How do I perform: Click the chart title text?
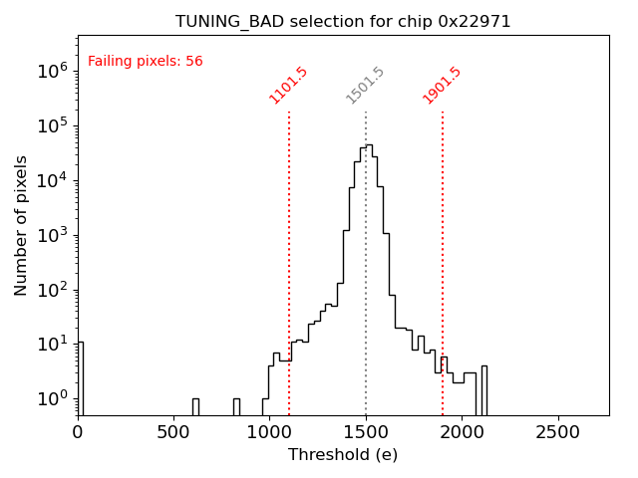(343, 21)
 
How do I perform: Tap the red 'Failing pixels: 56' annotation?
(146, 61)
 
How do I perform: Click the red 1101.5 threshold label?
(288, 85)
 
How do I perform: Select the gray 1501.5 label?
(365, 85)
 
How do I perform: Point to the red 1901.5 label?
(442, 85)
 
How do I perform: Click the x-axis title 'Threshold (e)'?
(343, 455)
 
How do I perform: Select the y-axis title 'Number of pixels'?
(22, 225)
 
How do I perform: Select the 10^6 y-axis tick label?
(51, 71)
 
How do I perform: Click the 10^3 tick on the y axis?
(51, 236)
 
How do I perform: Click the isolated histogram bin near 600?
(195, 406)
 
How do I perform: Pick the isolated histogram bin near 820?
(236, 406)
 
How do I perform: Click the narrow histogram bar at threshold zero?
(80, 378)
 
